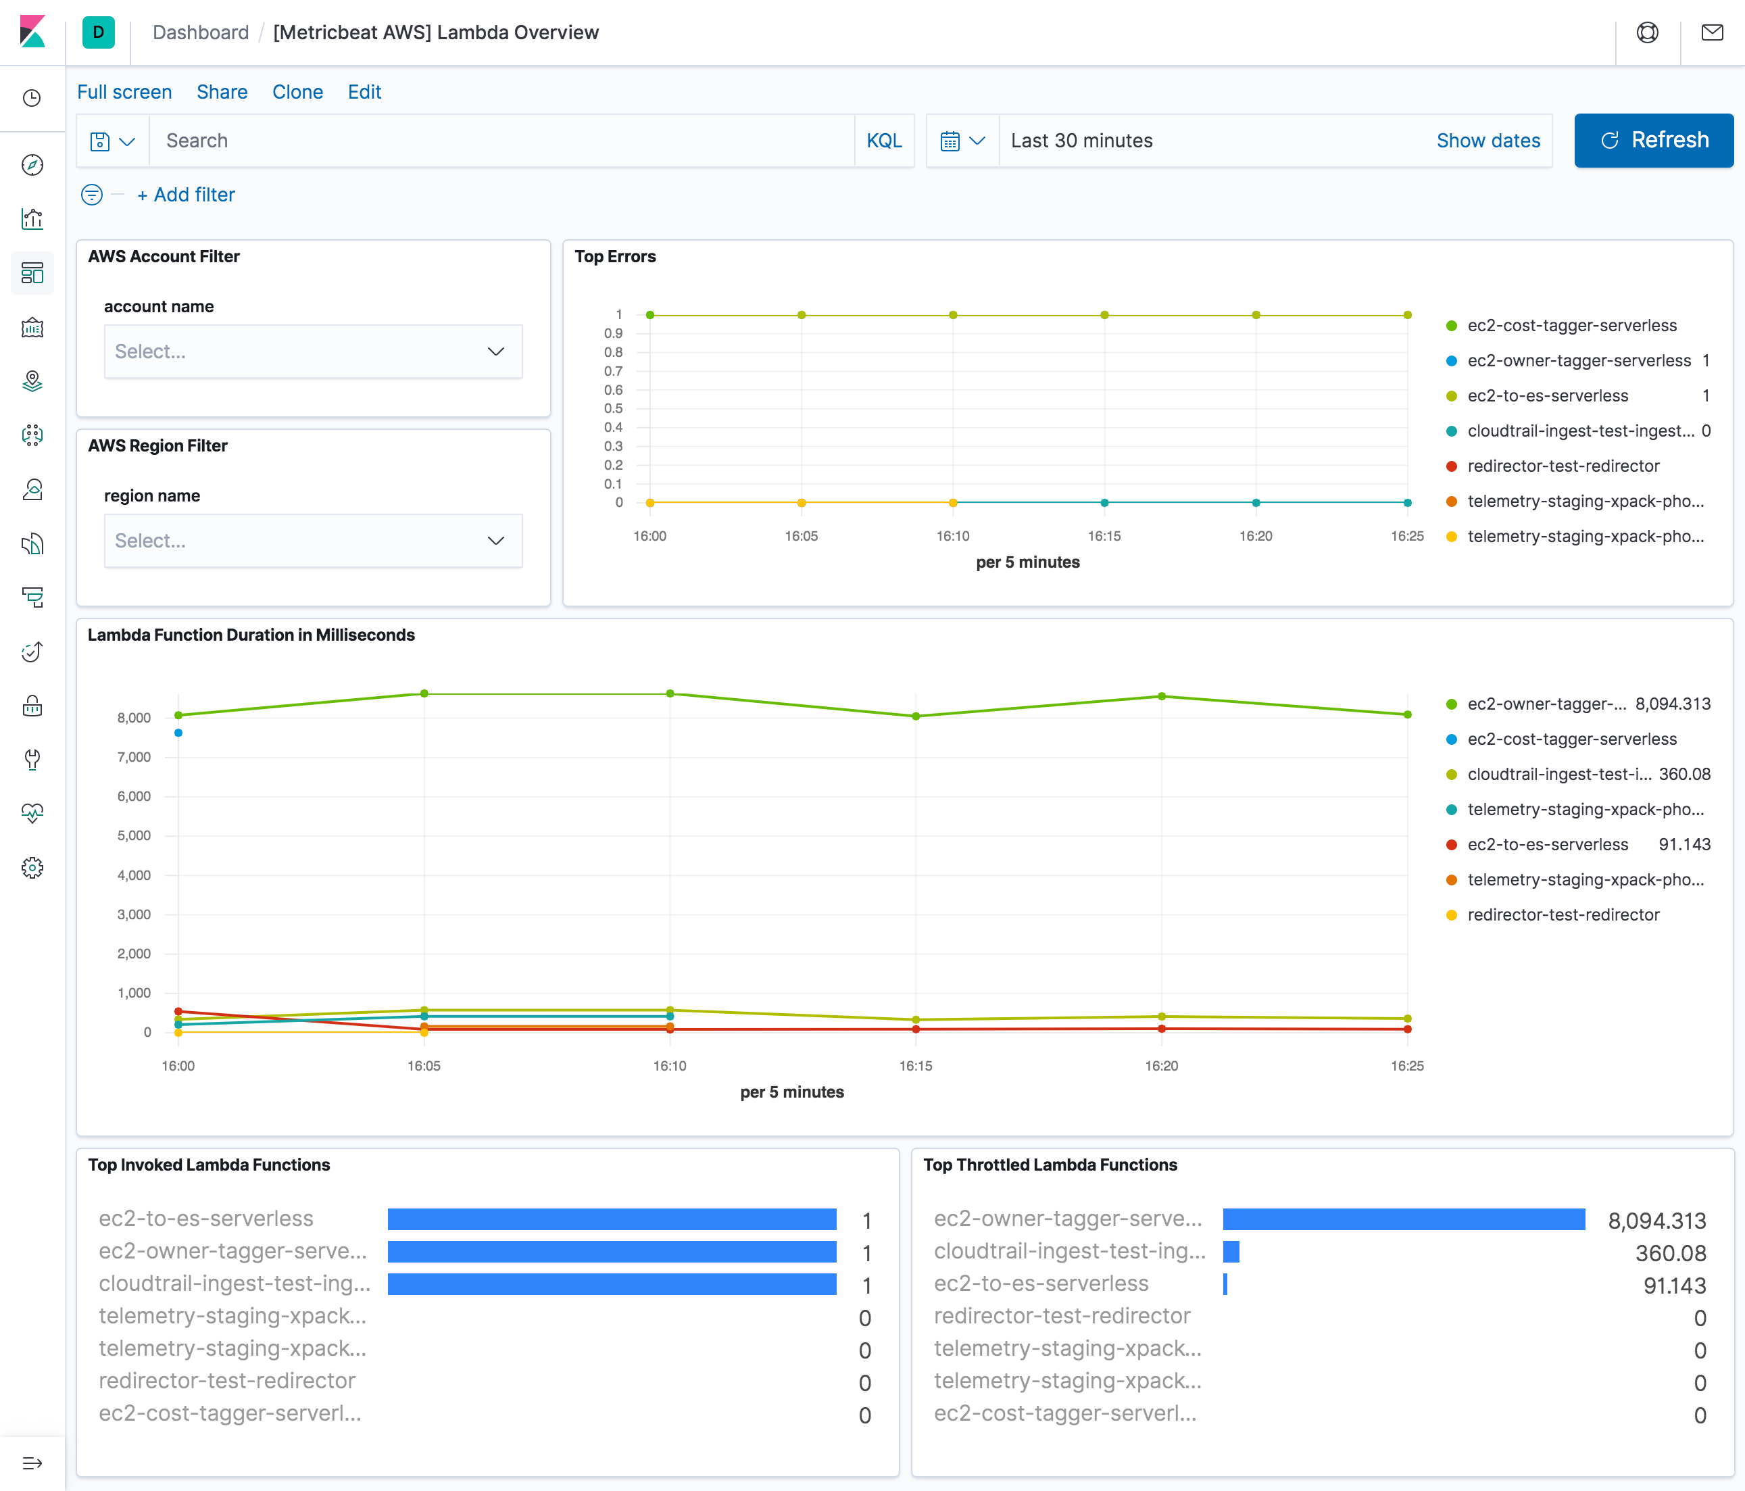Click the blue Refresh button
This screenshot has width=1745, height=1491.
(x=1653, y=140)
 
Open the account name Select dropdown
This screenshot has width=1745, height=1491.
(x=312, y=351)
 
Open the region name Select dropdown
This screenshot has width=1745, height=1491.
(x=312, y=541)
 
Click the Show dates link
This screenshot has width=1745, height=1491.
(x=1488, y=141)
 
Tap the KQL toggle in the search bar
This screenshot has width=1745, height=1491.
(x=883, y=141)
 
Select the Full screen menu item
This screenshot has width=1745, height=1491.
(x=124, y=92)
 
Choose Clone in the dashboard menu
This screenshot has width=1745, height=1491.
(x=297, y=92)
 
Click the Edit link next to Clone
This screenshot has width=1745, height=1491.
(x=364, y=92)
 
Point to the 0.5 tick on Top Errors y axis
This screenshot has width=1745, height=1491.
(x=613, y=408)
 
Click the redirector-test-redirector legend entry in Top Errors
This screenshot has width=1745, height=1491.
(x=1563, y=466)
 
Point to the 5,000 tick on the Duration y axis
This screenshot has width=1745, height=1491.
(x=134, y=835)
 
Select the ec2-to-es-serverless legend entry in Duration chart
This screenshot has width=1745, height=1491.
(x=1547, y=844)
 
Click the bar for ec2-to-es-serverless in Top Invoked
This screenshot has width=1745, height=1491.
(x=612, y=1219)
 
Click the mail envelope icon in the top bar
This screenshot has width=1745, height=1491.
(x=1711, y=33)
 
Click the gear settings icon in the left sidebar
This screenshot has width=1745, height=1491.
(x=32, y=868)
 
